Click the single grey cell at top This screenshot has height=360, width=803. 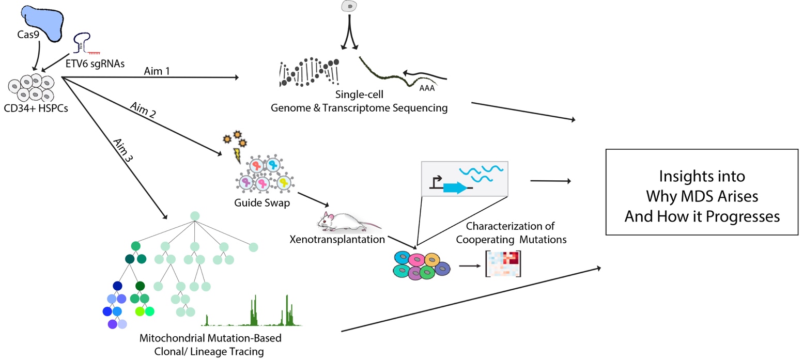click(350, 6)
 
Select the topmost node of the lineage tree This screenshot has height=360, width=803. click(195, 215)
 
